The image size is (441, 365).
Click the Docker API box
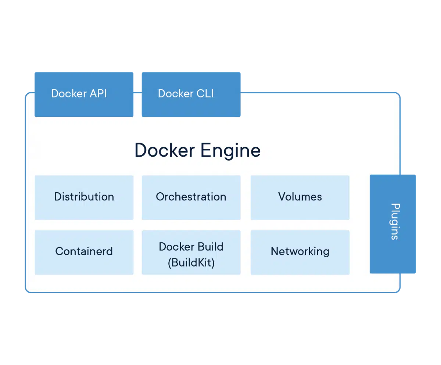(84, 94)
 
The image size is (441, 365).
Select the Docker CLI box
(191, 94)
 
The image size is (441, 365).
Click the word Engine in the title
(230, 151)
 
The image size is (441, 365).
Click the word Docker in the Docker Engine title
(165, 150)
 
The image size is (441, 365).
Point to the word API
(98, 93)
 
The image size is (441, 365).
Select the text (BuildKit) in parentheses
(191, 263)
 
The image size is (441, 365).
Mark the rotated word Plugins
(394, 221)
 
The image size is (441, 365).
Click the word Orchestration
(191, 197)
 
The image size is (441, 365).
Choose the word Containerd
(84, 251)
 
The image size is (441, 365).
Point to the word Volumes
(300, 197)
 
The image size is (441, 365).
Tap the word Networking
(300, 251)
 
